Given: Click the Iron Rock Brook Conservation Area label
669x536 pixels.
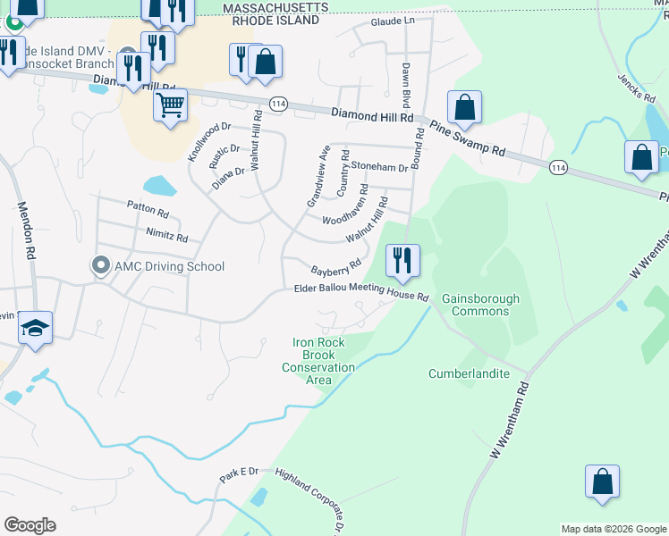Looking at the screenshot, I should tap(318, 361).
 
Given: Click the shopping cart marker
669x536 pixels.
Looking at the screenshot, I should tap(170, 105).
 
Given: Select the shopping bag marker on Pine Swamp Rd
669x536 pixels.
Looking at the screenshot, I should tap(465, 107).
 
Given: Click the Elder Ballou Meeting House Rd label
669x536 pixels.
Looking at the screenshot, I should tap(362, 292).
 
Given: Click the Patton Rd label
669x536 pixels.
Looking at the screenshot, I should tap(148, 210).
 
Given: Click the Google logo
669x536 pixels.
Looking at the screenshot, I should tap(30, 525).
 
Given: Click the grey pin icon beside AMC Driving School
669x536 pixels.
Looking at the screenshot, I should tap(100, 265).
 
